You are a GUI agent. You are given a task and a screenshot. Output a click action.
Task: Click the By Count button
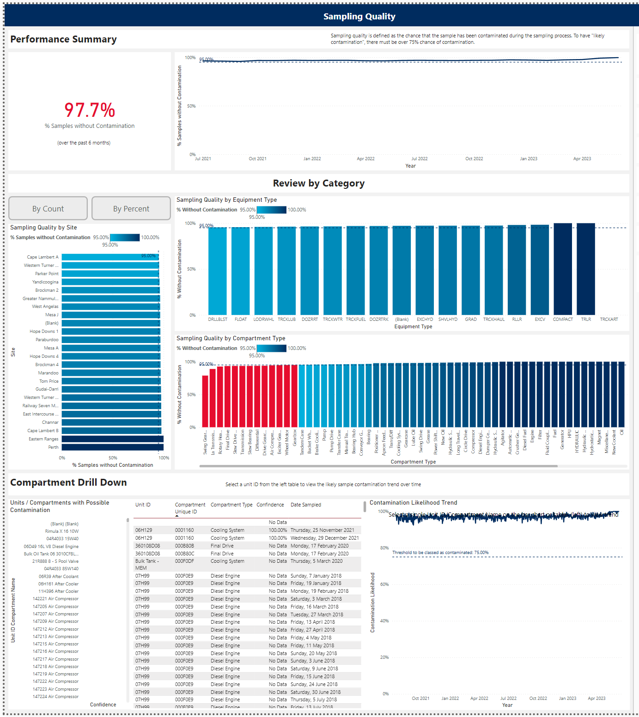tap(48, 209)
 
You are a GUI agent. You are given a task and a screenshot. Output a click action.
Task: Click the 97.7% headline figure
tap(90, 110)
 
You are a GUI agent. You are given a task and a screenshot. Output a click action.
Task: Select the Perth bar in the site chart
tap(112, 447)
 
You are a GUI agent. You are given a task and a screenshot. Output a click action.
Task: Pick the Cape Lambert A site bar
tap(110, 257)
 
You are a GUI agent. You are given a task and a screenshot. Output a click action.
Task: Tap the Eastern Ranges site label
tap(43, 439)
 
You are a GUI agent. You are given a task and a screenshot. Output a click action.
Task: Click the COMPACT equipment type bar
tap(563, 269)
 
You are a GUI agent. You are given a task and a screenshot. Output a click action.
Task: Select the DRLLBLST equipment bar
tap(218, 271)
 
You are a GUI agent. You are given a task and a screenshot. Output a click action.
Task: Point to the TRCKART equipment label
tap(609, 319)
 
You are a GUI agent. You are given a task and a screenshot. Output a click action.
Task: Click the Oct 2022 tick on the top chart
tap(474, 159)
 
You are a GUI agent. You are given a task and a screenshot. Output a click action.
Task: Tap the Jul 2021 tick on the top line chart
tap(203, 159)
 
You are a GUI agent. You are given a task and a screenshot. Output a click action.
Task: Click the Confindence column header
tap(270, 505)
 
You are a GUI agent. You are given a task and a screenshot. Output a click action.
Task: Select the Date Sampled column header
tap(305, 505)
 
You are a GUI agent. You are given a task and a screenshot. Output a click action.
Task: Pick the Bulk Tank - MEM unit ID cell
tap(147, 564)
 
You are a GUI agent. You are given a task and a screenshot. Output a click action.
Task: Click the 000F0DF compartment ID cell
tap(184, 561)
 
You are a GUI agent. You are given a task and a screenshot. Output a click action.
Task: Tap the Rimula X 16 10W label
tap(62, 531)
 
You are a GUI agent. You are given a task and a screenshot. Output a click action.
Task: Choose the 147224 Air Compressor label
tap(55, 697)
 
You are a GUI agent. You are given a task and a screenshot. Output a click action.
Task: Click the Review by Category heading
tap(319, 183)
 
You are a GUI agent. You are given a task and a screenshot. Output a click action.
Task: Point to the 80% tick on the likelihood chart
tap(384, 548)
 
